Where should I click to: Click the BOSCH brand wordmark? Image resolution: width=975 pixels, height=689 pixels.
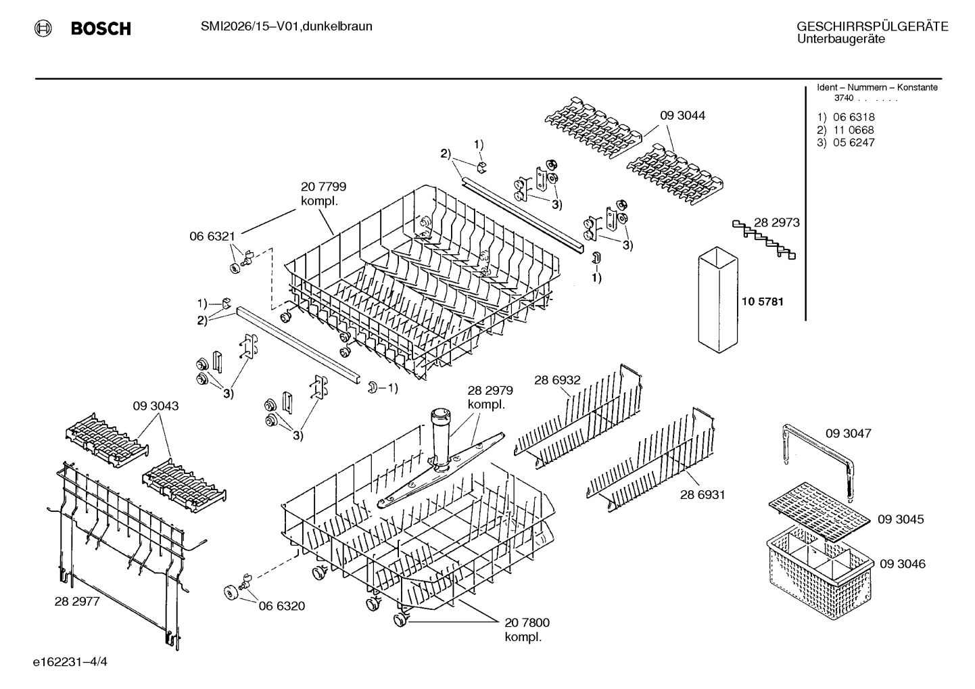click(x=101, y=28)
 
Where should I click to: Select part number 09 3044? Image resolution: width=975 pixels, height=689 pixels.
click(x=682, y=116)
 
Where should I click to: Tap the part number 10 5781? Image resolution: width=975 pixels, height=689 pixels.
click(x=762, y=302)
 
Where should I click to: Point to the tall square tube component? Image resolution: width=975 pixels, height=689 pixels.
click(x=718, y=300)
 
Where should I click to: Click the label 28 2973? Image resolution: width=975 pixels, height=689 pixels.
click(x=776, y=222)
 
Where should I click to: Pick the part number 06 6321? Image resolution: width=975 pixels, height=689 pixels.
click(x=212, y=237)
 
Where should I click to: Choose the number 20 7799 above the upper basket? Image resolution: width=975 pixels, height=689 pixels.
click(x=323, y=187)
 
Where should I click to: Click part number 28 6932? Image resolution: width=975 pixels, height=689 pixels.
click(x=557, y=380)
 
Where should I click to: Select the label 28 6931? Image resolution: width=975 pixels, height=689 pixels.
click(x=703, y=495)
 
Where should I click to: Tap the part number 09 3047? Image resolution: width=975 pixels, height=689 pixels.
click(x=849, y=433)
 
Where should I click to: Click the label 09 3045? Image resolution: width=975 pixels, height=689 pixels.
click(x=901, y=519)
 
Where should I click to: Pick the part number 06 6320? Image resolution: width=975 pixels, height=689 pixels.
click(x=282, y=606)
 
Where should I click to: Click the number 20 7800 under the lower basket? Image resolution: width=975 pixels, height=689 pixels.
click(x=527, y=623)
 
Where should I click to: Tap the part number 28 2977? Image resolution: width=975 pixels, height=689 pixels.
click(x=77, y=602)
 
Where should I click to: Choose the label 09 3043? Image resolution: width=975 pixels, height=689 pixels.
click(x=156, y=406)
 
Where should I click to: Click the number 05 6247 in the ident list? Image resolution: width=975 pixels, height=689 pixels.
click(x=853, y=143)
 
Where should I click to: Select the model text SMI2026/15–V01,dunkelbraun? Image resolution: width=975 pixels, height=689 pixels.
click(x=287, y=26)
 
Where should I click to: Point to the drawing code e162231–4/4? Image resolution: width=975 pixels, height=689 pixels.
click(x=70, y=662)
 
